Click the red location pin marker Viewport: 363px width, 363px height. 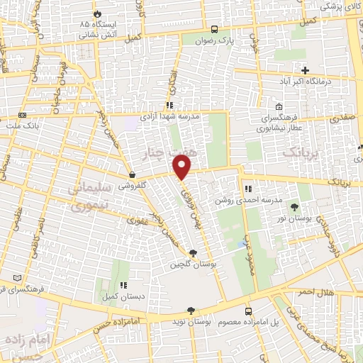coord(182,167)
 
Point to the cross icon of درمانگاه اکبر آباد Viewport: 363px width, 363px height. coord(306,70)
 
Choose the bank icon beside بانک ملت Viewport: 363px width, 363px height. coord(23,115)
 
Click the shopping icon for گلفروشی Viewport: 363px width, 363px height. coord(132,174)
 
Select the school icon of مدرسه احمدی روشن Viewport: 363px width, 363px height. coord(248,189)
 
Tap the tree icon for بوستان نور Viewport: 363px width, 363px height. coord(294,207)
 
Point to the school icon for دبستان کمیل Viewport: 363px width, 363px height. coord(123,285)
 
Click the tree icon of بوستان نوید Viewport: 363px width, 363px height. coord(190,311)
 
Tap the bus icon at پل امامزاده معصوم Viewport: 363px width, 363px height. coord(248,311)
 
